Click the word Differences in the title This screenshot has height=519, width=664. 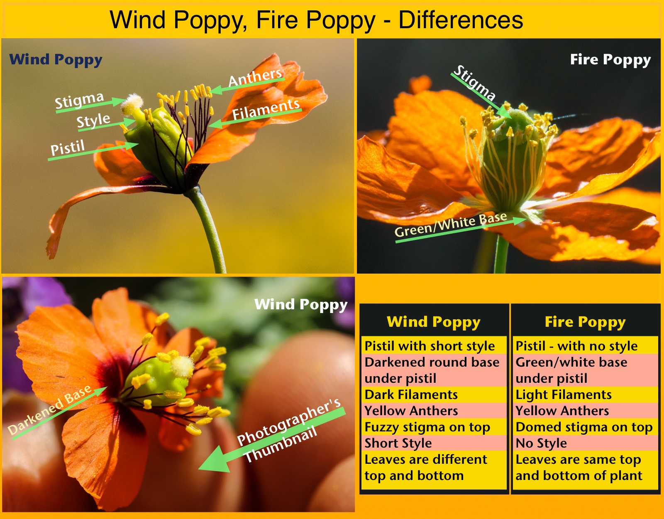[x=461, y=20]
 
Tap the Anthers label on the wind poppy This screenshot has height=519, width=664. [x=255, y=78]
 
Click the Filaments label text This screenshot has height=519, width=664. [x=266, y=110]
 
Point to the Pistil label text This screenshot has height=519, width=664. [x=68, y=148]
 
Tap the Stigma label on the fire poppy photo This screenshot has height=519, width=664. [x=474, y=83]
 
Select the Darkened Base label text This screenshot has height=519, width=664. [x=50, y=409]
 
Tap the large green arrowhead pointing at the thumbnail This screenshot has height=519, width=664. [x=215, y=459]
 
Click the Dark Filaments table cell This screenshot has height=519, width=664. [x=434, y=394]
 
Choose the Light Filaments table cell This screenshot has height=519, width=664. [x=585, y=394]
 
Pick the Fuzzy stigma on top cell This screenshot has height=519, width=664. [x=434, y=427]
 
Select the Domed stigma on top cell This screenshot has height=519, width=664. [x=585, y=427]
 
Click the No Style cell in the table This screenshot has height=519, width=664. [x=585, y=443]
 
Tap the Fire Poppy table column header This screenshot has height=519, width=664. [x=585, y=322]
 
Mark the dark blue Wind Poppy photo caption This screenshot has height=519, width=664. [x=56, y=60]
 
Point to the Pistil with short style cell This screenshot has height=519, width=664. [x=434, y=346]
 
